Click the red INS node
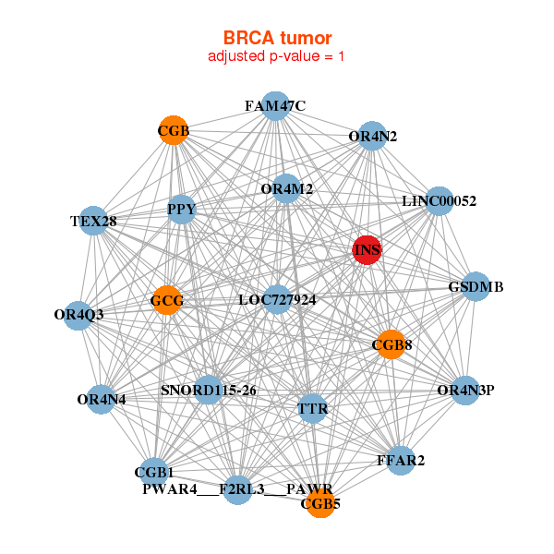[x=367, y=250]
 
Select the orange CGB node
[x=174, y=130]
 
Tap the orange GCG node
[x=166, y=300]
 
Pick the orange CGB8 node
[x=391, y=344]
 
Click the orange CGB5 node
[x=320, y=504]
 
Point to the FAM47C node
[x=274, y=106]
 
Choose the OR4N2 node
[x=372, y=137]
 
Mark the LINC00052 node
[x=439, y=201]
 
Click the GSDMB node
[x=475, y=286]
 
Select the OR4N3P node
[x=465, y=390]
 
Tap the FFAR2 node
[x=401, y=460]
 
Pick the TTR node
[x=313, y=408]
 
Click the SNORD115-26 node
[x=208, y=390]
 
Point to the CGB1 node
[x=154, y=473]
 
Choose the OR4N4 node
[x=102, y=400]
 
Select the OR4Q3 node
[x=79, y=315]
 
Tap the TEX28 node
[x=92, y=221]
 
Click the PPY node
[x=181, y=211]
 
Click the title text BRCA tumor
[x=277, y=38]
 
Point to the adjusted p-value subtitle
[x=277, y=56]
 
